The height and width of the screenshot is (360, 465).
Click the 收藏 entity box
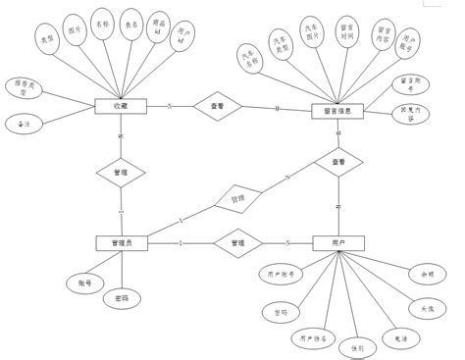point(121,107)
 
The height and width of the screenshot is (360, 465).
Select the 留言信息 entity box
point(336,112)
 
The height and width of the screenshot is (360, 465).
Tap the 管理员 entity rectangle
point(121,242)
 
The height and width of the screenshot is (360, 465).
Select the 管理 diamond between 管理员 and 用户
point(236,242)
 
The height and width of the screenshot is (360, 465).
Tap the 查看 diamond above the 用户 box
point(337,161)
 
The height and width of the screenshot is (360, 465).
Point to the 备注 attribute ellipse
point(23,125)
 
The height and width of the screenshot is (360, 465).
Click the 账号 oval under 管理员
point(86,282)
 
